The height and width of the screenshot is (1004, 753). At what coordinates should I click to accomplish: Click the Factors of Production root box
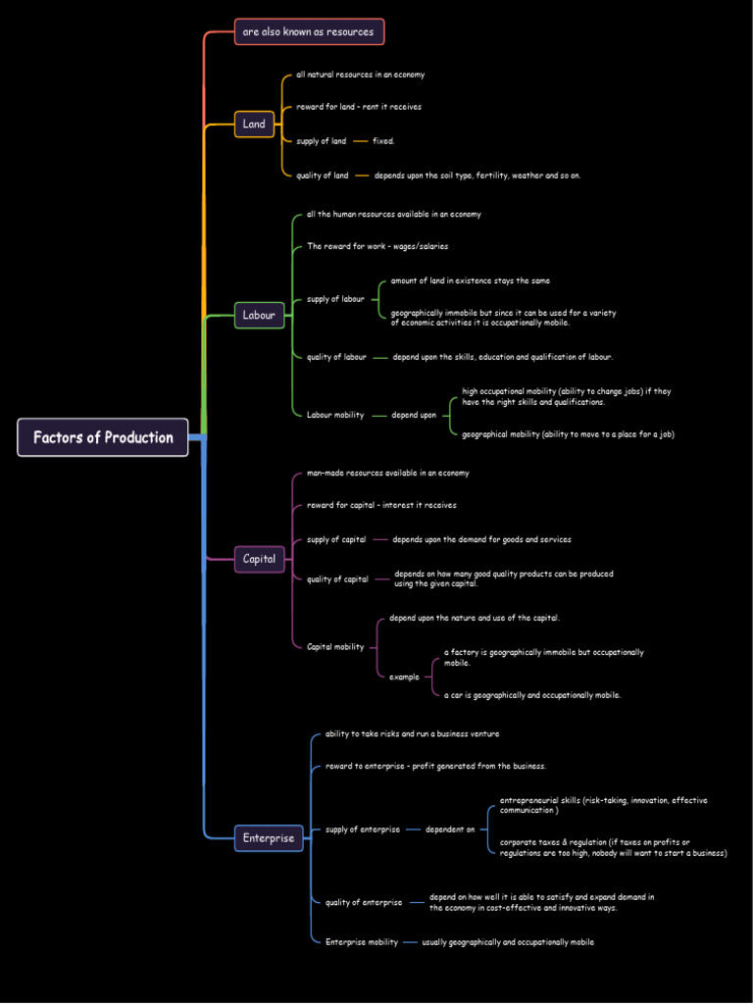103,437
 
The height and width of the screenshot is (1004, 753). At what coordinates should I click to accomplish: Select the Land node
254,124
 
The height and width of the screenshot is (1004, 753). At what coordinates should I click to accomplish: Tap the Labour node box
260,315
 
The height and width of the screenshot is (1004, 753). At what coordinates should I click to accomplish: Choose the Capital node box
260,559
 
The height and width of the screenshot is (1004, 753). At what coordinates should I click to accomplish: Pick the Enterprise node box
269,838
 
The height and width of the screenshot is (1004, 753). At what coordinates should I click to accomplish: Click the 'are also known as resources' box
309,31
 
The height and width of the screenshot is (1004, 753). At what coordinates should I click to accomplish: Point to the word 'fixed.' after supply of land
383,141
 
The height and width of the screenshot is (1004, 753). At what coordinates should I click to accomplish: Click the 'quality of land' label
322,176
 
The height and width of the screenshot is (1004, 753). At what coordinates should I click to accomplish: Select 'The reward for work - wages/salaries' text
376,246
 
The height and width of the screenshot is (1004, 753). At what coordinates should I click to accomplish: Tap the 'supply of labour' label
335,299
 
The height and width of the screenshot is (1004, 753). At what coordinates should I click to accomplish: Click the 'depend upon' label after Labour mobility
414,415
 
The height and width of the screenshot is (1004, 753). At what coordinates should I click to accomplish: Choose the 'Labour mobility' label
334,415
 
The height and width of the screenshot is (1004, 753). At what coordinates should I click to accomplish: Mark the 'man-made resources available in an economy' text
387,473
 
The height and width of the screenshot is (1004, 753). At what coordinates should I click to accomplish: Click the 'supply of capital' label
335,539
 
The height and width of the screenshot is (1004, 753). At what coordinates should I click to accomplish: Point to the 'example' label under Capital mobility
404,677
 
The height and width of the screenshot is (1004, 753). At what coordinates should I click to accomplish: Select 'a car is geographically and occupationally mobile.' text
531,695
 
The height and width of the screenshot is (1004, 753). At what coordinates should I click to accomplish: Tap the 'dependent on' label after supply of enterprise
450,829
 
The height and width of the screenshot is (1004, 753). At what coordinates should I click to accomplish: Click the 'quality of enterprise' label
363,902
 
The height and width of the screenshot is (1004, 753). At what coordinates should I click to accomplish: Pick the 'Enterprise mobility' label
361,942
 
